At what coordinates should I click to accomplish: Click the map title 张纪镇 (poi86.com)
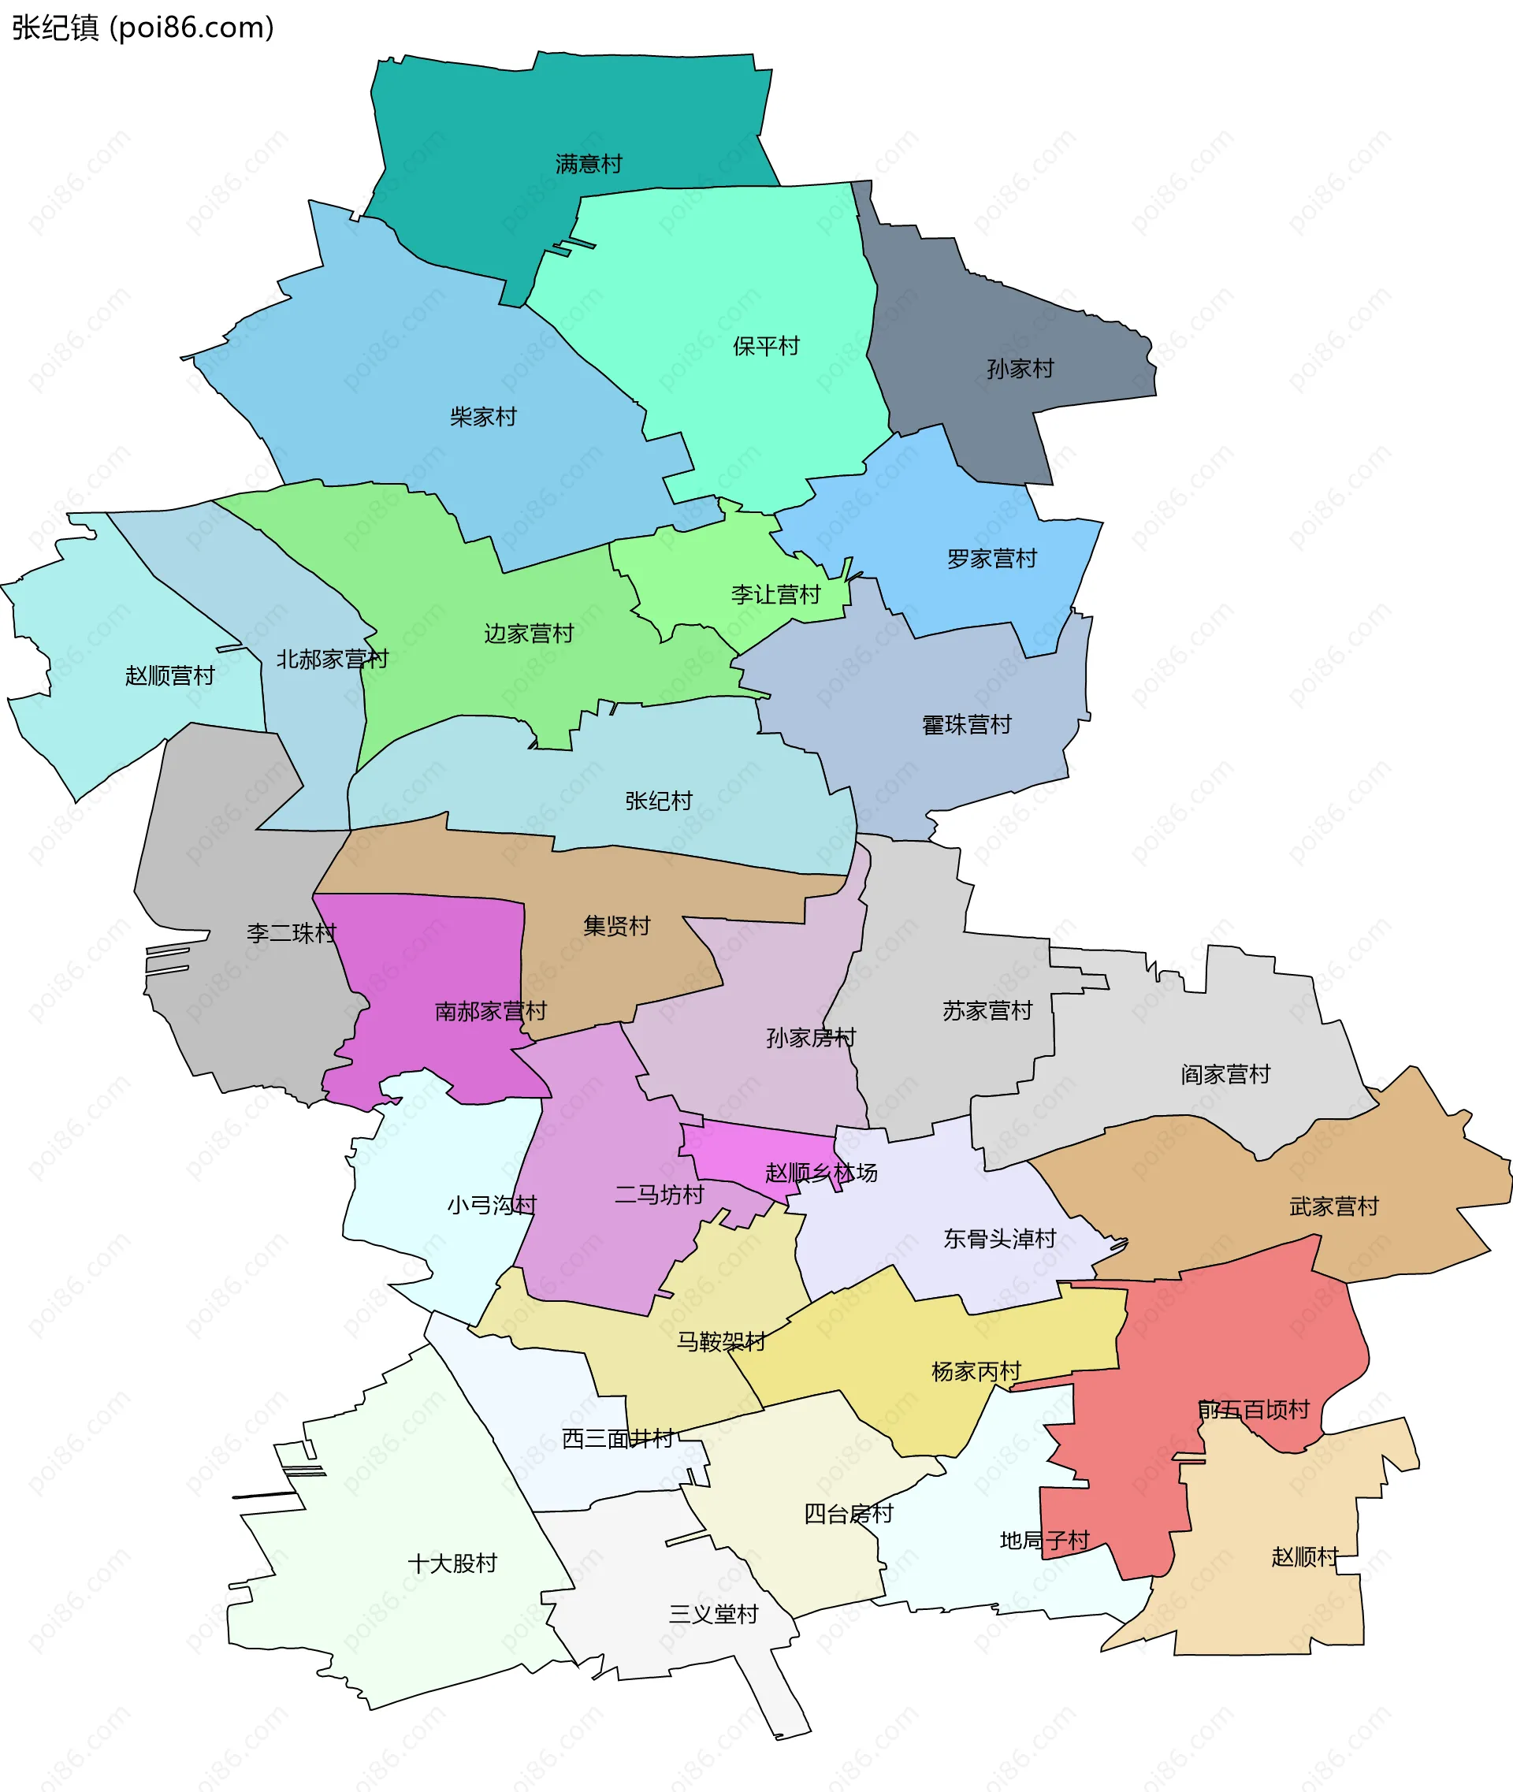point(143,28)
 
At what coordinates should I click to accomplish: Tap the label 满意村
point(589,164)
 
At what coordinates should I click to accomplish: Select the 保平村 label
point(766,346)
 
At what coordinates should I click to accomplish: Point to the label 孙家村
point(1020,369)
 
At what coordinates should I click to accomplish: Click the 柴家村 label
point(484,417)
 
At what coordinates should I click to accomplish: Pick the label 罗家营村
point(991,559)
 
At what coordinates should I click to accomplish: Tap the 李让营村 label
point(775,594)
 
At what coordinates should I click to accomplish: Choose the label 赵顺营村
point(170,675)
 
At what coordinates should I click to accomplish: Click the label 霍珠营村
point(967,725)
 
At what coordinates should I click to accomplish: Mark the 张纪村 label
point(659,801)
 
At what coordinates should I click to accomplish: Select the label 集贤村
point(617,926)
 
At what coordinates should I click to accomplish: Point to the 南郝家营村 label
point(491,1011)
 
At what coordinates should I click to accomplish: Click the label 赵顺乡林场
point(821,1173)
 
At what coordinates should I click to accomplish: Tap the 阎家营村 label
point(1225,1074)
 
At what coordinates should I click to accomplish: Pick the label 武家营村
point(1334,1207)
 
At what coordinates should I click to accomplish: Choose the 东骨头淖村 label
point(999,1239)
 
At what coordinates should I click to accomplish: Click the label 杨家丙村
point(976,1372)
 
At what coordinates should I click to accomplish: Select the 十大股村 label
point(452,1563)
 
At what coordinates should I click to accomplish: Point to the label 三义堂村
point(714,1615)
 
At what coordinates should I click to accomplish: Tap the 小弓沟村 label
point(492,1205)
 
